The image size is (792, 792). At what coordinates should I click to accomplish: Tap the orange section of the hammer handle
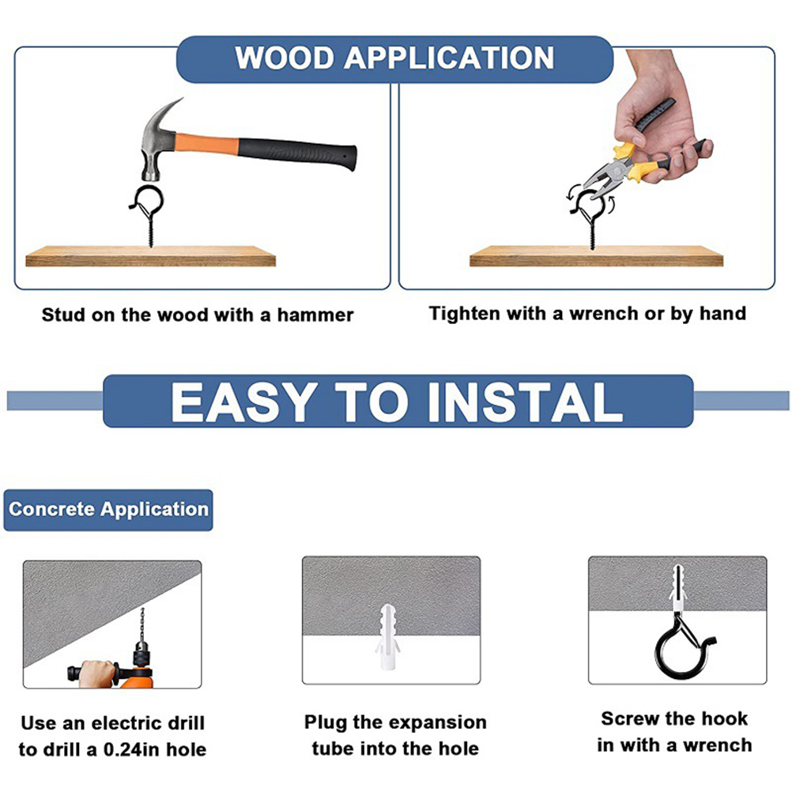[x=206, y=143]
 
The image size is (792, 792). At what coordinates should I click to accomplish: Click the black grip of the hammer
[x=297, y=153]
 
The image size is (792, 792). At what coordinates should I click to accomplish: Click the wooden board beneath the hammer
[x=150, y=256]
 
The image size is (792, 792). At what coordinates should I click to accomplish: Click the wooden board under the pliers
[x=596, y=256]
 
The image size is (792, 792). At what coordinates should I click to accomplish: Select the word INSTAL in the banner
[x=526, y=402]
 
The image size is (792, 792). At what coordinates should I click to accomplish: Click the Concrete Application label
[x=108, y=509]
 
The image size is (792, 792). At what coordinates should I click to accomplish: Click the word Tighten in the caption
[x=465, y=314]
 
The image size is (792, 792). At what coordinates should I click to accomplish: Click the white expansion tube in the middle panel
[x=388, y=636]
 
